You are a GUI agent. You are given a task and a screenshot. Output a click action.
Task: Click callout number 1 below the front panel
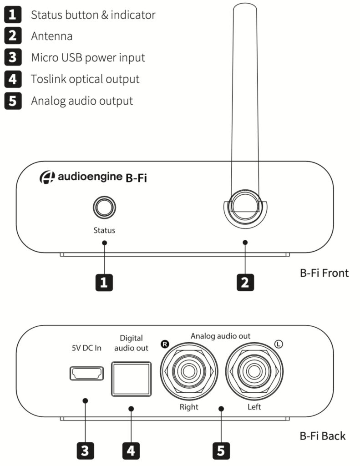tap(104, 283)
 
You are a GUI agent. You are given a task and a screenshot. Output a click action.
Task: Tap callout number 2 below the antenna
tap(245, 283)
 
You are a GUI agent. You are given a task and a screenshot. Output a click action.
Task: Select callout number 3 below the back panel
tap(85, 451)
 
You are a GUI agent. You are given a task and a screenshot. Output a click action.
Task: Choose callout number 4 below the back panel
tap(131, 451)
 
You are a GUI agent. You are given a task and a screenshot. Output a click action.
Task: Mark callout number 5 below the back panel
tap(221, 451)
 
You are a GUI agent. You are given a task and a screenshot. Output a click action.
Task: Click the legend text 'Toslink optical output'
tap(85, 79)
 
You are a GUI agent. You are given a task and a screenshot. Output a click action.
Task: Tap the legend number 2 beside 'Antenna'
tap(13, 36)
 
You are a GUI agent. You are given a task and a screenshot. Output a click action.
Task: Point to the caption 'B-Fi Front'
tap(324, 273)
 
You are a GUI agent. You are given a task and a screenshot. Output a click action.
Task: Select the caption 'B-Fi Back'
tap(322, 436)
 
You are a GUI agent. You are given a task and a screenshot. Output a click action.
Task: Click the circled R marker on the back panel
tap(164, 344)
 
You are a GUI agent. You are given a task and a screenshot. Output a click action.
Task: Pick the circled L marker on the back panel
tap(278, 344)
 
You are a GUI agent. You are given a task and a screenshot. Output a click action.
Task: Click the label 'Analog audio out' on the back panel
tap(220, 336)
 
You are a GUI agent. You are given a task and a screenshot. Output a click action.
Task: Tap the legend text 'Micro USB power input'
tap(88, 57)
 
